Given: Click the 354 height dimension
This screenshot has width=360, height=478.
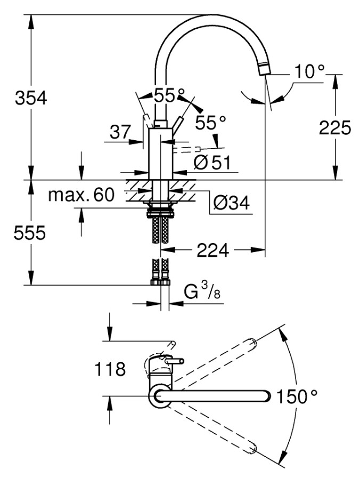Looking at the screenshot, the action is tap(31, 98).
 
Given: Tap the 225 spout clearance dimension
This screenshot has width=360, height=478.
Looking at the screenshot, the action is tap(335, 128).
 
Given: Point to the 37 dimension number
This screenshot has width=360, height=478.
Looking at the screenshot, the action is tap(120, 132).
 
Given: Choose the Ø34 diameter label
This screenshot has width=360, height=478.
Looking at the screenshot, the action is tap(232, 202).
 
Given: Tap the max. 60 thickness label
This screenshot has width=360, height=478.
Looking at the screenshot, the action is tap(81, 195).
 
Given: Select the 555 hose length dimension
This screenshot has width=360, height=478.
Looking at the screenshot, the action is tap(29, 233).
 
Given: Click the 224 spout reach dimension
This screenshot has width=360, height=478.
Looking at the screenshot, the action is tap(212, 250).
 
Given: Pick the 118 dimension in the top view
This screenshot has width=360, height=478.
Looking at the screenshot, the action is tap(110, 369).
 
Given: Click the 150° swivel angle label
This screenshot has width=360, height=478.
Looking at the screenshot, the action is tap(296, 396).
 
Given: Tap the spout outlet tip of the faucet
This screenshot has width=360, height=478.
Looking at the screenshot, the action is tap(264, 68).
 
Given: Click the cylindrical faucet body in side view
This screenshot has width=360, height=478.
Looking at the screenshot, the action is tap(160, 154).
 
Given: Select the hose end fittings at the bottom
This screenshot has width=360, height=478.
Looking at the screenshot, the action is tap(160, 282).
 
